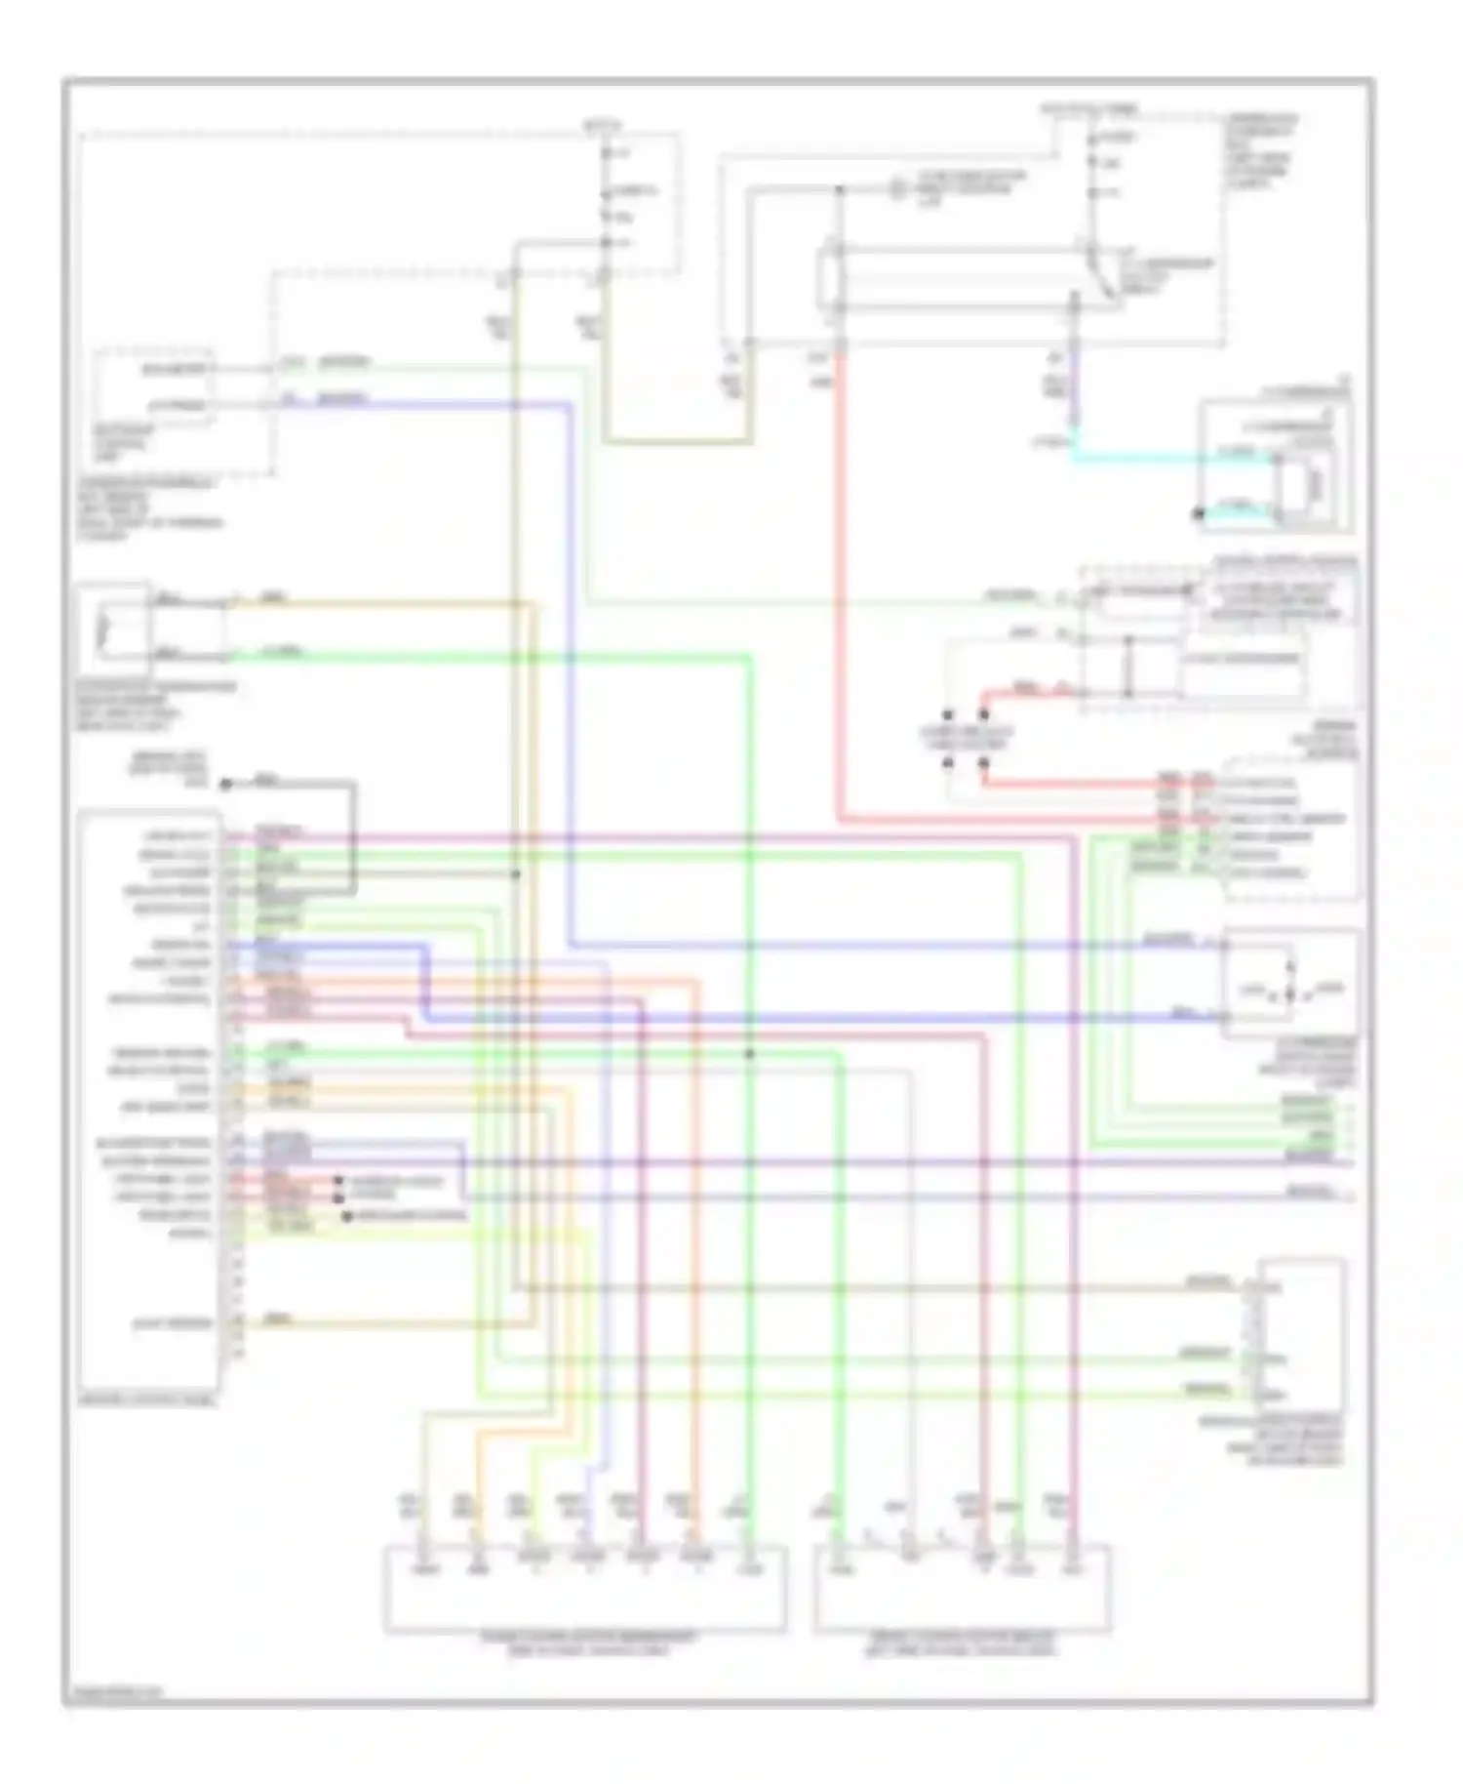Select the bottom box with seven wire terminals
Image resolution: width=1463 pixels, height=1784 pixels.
tap(584, 1587)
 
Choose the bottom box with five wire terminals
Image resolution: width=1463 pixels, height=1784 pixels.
tap(962, 1587)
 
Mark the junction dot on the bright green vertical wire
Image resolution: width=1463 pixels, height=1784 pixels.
tap(749, 1054)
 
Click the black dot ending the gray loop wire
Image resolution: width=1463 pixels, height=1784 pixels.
tap(225, 785)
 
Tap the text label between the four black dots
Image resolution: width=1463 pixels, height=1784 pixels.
tap(965, 738)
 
